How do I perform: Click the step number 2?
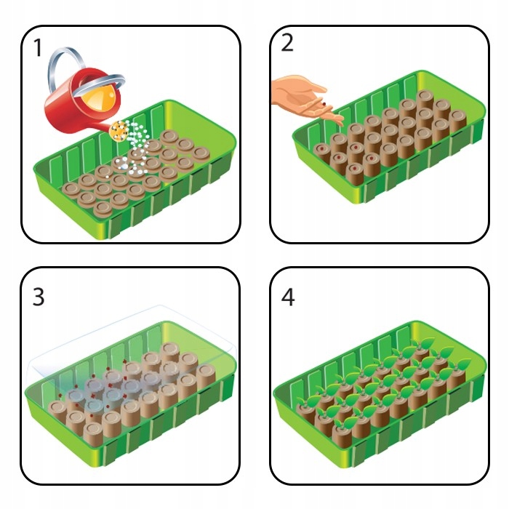[x=287, y=44]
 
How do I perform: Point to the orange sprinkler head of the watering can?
[x=119, y=131]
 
